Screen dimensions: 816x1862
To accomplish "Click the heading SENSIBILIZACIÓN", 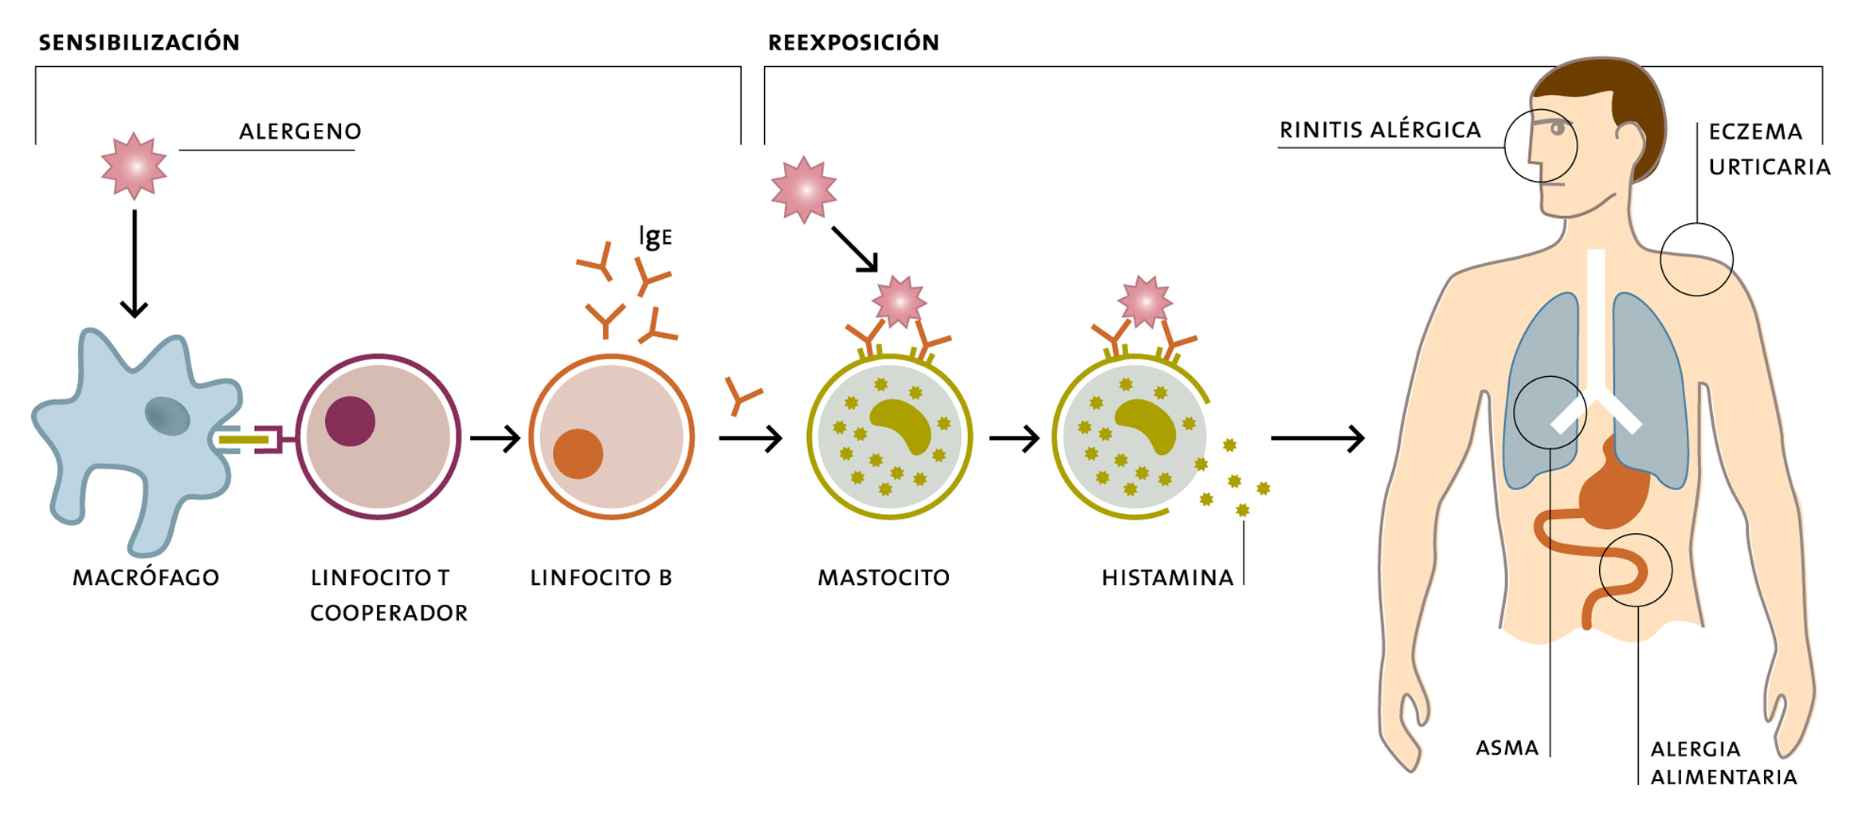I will pyautogui.click(x=139, y=42).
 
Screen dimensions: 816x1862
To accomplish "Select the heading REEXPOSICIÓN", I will pyautogui.click(x=853, y=42).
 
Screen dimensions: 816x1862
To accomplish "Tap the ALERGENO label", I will pyautogui.click(x=300, y=131).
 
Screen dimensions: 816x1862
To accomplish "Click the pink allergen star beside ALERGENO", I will pyautogui.click(x=134, y=166).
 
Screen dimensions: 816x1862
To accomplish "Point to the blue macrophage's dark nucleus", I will pyautogui.click(x=167, y=416).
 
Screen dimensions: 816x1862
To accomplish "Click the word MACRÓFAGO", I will pyautogui.click(x=146, y=578).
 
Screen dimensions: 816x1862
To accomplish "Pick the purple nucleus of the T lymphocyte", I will pyautogui.click(x=350, y=421).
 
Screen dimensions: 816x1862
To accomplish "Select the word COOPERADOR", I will pyautogui.click(x=389, y=614).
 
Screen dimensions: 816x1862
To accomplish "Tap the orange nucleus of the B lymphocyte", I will pyautogui.click(x=578, y=454).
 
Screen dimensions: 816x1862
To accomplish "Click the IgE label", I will pyautogui.click(x=655, y=237).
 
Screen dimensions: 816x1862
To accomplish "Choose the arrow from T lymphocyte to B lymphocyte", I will pyautogui.click(x=495, y=438).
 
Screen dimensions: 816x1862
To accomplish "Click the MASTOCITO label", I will pyautogui.click(x=884, y=578).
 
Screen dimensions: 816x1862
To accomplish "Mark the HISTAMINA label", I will pyautogui.click(x=1167, y=578).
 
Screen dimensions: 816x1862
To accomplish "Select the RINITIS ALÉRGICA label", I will pyautogui.click(x=1380, y=130).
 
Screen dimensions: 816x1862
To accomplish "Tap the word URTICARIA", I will pyautogui.click(x=1770, y=167).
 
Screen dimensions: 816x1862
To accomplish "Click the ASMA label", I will pyautogui.click(x=1507, y=748).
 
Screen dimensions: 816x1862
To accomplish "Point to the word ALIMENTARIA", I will pyautogui.click(x=1723, y=778).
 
